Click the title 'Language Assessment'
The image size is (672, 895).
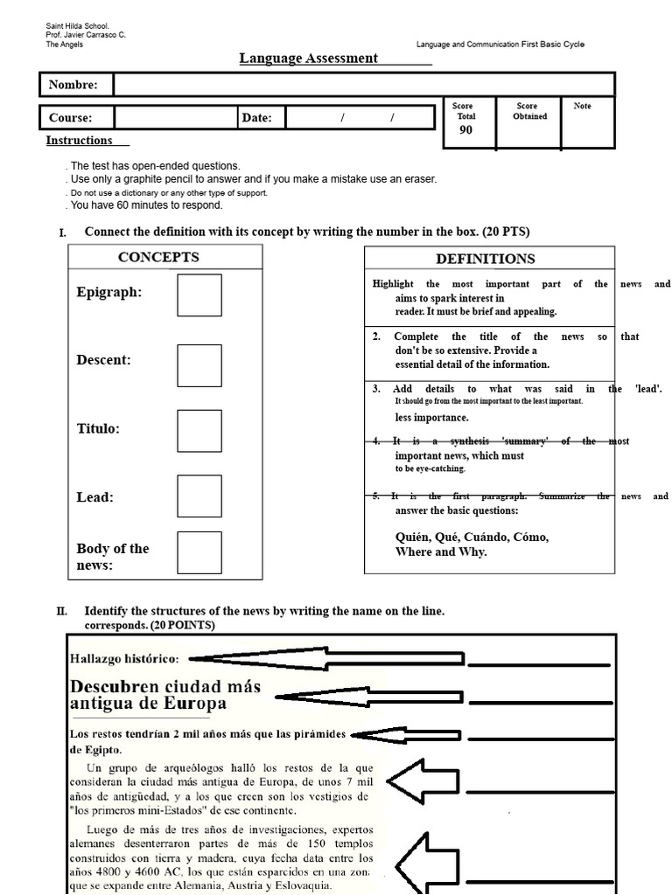309,59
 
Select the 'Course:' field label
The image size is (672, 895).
70,118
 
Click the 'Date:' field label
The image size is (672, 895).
256,118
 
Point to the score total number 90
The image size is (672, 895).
465,129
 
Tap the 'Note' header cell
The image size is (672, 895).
582,106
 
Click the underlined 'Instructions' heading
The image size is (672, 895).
80,141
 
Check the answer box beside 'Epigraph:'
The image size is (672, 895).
199,295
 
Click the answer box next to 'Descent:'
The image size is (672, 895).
199,365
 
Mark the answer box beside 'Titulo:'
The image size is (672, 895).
199,431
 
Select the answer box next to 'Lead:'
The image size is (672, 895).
199,496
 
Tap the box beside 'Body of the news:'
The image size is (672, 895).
199,553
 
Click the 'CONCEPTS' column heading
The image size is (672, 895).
158,257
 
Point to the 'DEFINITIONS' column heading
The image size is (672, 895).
486,259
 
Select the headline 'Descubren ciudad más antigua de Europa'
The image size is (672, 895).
164,694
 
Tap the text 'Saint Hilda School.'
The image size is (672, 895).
78,27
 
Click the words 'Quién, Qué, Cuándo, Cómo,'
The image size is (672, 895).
472,537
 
